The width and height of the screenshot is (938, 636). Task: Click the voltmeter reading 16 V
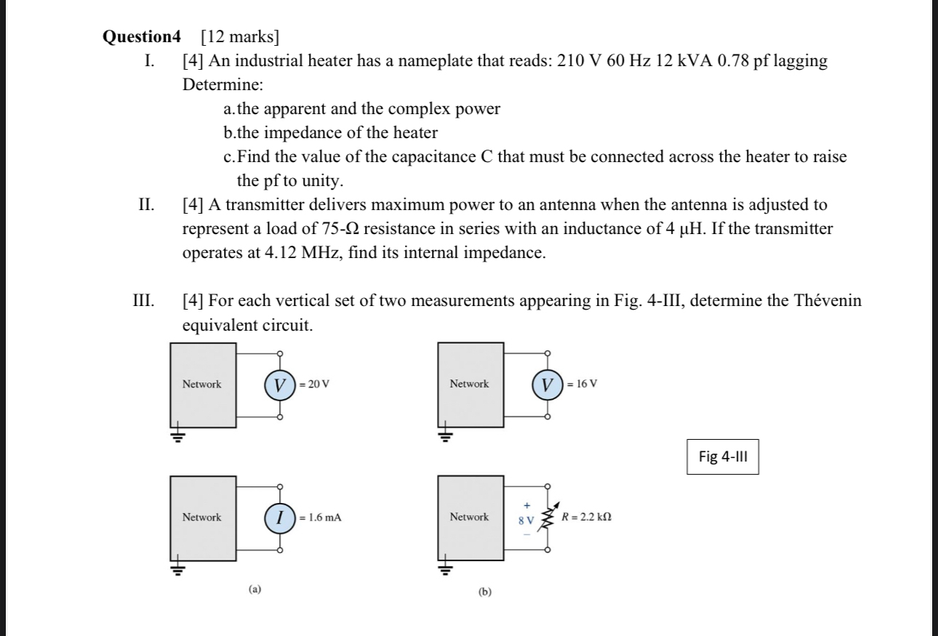tap(548, 384)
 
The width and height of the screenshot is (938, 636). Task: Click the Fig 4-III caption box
tap(723, 456)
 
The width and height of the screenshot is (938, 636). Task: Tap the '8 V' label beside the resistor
tap(526, 520)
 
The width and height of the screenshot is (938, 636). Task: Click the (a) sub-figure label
tap(254, 589)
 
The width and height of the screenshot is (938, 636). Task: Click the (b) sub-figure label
tap(485, 592)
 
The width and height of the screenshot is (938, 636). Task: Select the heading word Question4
tap(145, 36)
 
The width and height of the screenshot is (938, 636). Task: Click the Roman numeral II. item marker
tap(145, 206)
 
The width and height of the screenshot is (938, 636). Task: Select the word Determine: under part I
tap(222, 84)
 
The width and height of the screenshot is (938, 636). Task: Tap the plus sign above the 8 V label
tap(526, 504)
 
